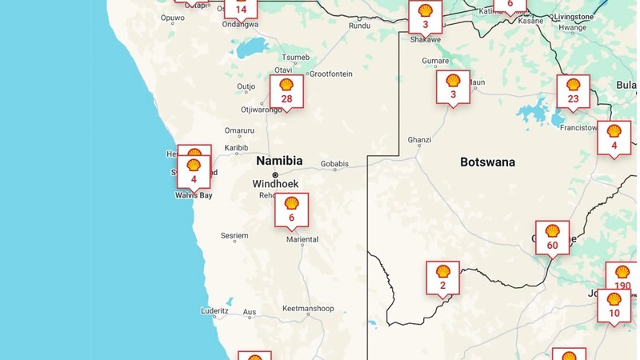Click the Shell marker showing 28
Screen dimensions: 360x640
286,91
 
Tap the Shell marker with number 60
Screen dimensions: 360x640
552,238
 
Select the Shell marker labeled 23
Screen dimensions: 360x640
573,91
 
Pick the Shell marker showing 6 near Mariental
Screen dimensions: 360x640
291,210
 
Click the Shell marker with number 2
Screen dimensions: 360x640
442,278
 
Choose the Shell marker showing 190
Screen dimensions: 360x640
622,278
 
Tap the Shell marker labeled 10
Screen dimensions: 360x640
614,305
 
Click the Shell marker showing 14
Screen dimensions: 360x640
241,8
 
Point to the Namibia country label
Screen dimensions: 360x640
279,161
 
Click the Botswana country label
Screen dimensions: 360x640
487,162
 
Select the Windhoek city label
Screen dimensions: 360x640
275,184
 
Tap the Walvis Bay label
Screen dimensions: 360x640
194,195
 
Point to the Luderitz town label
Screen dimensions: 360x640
215,310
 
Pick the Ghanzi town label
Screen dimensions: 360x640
419,140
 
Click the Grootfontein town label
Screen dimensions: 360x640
330,74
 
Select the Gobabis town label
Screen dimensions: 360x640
334,165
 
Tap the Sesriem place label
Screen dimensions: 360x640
234,236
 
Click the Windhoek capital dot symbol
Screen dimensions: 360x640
275,174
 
